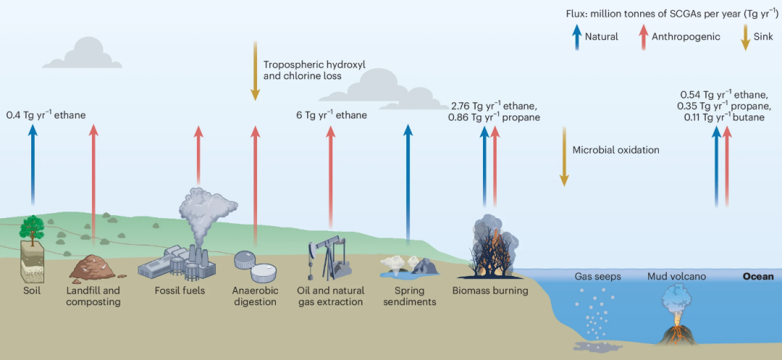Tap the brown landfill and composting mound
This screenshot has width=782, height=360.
pyautogui.click(x=92, y=268)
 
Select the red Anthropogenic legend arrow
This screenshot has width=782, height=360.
pyautogui.click(x=642, y=35)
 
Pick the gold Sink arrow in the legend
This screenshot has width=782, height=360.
pyautogui.click(x=744, y=36)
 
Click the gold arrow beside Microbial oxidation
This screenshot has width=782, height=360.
pyautogui.click(x=563, y=156)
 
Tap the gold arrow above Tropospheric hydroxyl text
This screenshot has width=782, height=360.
pyautogui.click(x=255, y=70)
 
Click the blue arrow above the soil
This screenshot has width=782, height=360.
pyautogui.click(x=33, y=163)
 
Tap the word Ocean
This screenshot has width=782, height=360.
pyautogui.click(x=757, y=277)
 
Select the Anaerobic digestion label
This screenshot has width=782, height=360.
pyautogui.click(x=255, y=296)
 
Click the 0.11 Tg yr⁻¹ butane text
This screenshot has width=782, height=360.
pyautogui.click(x=724, y=117)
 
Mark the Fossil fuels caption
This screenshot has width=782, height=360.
pyautogui.click(x=180, y=290)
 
